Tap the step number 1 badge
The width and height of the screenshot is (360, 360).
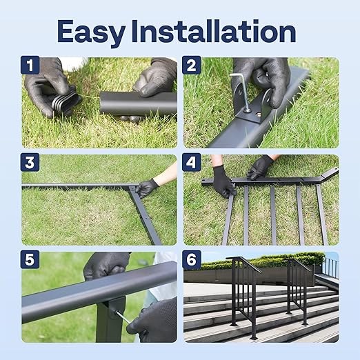pyautogui.click(x=30, y=66)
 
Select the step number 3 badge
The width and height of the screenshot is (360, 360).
pyautogui.click(x=30, y=163)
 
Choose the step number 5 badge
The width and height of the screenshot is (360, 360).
pyautogui.click(x=30, y=261)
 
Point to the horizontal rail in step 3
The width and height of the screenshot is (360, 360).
pyautogui.click(x=76, y=186)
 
